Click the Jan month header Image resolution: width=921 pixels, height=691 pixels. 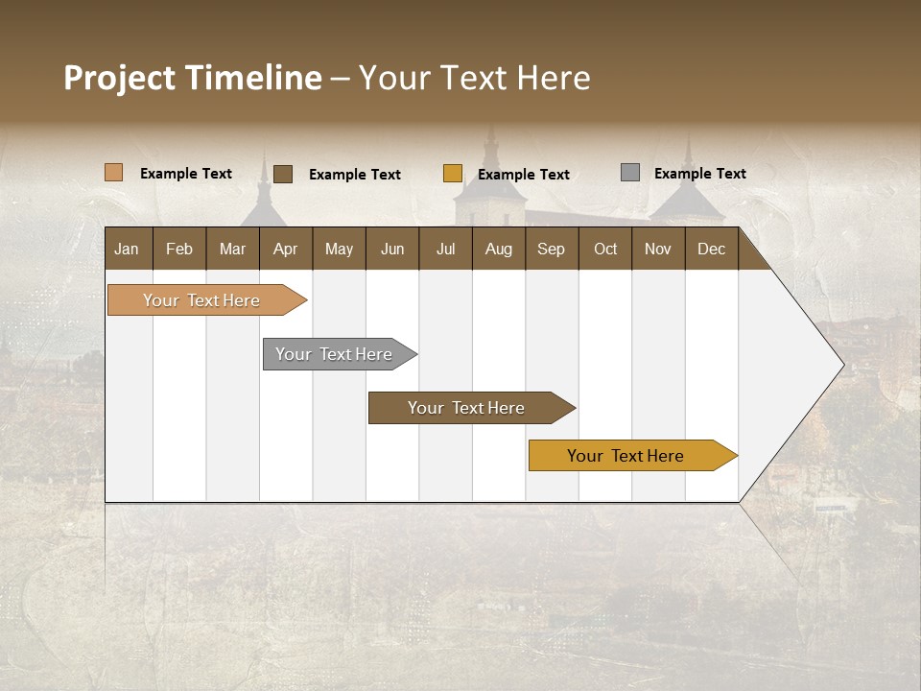(127, 250)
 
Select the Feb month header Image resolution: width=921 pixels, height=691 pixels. (179, 250)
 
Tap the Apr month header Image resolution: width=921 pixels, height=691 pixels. (285, 250)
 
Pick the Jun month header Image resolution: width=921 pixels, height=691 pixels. (392, 250)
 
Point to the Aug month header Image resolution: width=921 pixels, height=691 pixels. (498, 250)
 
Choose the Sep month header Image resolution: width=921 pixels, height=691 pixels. (551, 250)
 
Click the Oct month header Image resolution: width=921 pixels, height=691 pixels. (605, 250)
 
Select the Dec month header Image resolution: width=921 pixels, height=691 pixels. (711, 250)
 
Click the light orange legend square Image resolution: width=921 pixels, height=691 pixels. (113, 173)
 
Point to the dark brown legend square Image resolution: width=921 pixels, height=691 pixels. (283, 174)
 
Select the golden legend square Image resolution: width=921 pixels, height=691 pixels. (453, 174)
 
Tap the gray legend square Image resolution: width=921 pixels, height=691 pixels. (630, 173)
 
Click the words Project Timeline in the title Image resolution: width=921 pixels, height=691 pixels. (192, 78)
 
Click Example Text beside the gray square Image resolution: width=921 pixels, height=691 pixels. (699, 174)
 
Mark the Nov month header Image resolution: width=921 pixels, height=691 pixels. (658, 250)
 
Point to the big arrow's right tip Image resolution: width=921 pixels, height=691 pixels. (842, 365)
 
